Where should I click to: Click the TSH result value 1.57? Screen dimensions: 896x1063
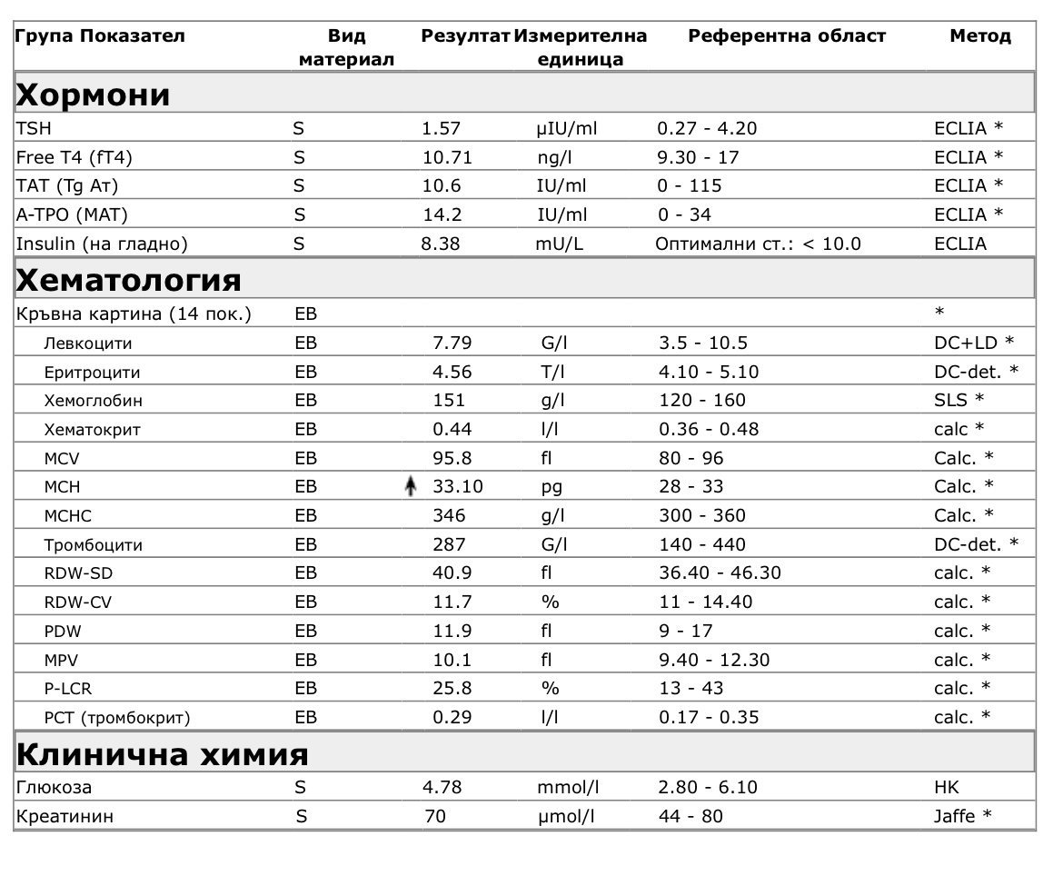(x=442, y=128)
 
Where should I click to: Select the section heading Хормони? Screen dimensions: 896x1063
(x=94, y=95)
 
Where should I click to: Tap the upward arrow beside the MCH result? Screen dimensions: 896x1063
(x=410, y=487)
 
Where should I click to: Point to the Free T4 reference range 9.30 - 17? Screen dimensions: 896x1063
(x=698, y=157)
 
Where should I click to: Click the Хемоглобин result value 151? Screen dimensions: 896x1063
(x=449, y=400)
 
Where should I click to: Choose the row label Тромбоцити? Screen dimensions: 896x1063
(x=93, y=545)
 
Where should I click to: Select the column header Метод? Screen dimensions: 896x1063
(x=979, y=36)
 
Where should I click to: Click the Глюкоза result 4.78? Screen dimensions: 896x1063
(x=442, y=787)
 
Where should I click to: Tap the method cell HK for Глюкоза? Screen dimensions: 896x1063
(x=946, y=787)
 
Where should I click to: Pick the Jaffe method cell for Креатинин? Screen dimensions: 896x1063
(x=962, y=816)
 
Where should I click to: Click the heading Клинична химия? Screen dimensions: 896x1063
(x=163, y=754)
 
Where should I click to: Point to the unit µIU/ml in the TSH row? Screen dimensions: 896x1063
(x=567, y=128)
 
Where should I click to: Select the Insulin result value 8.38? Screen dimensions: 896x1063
(x=442, y=244)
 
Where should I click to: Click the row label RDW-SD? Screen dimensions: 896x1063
(x=78, y=573)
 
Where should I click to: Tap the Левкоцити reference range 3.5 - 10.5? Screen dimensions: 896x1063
(x=703, y=343)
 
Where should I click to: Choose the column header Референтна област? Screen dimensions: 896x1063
(x=786, y=36)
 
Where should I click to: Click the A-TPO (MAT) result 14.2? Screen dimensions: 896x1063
(x=442, y=214)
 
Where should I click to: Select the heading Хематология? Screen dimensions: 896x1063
(x=129, y=279)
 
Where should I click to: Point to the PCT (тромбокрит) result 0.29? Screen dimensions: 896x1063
(x=452, y=717)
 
